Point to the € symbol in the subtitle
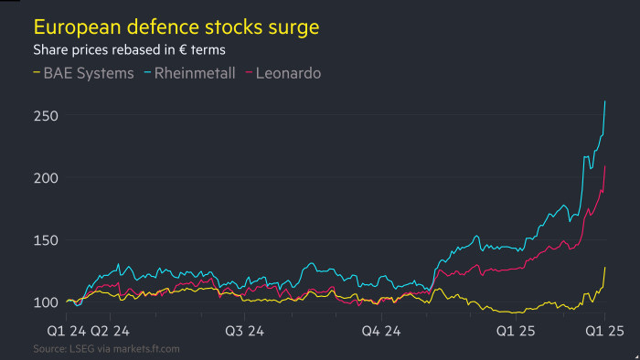pyautogui.click(x=184, y=50)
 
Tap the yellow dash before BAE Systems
pyautogui.click(x=37, y=72)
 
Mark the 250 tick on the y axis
pyautogui.click(x=48, y=116)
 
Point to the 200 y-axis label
pyautogui.click(x=48, y=178)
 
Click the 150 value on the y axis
pyautogui.click(x=48, y=240)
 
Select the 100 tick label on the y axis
pyautogui.click(x=48, y=302)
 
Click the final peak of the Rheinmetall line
pyautogui.click(x=605, y=101)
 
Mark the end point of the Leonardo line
pyautogui.click(x=605, y=166)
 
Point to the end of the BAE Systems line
pyautogui.click(x=605, y=267)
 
